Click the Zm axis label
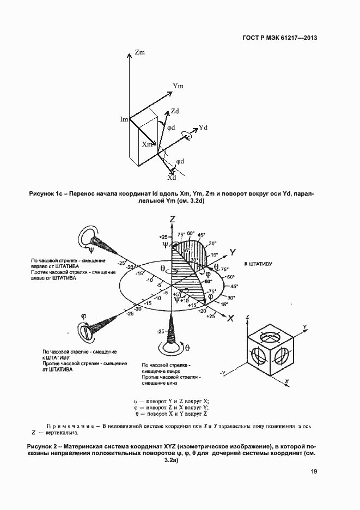(139, 53)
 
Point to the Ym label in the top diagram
(178, 86)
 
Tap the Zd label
(175, 111)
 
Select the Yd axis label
(203, 127)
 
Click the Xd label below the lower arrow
(172, 178)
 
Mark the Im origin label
(124, 119)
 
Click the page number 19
(314, 472)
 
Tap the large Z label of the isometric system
(172, 219)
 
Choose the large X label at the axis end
(231, 318)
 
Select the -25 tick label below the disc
(160, 331)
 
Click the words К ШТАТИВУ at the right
(259, 264)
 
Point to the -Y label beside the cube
(223, 373)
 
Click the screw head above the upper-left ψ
(86, 235)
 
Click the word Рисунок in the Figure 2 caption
(39, 446)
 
